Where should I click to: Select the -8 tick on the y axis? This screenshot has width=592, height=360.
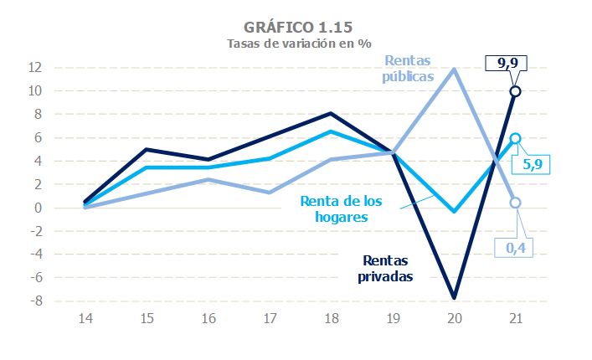point(37,301)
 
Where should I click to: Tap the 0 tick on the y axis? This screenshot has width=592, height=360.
point(39,208)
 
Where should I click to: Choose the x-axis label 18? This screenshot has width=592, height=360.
point(332,319)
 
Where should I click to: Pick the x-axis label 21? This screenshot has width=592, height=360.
point(515,319)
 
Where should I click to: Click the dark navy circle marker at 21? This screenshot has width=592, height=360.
point(515,91)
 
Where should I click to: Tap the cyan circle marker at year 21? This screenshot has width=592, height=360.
point(515,138)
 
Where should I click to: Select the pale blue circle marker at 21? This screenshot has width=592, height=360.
point(515,203)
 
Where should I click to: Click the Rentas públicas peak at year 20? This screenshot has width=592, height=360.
point(454,69)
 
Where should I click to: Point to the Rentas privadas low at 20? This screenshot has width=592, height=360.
point(454,297)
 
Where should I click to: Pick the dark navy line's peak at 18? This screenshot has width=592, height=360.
point(332,113)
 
